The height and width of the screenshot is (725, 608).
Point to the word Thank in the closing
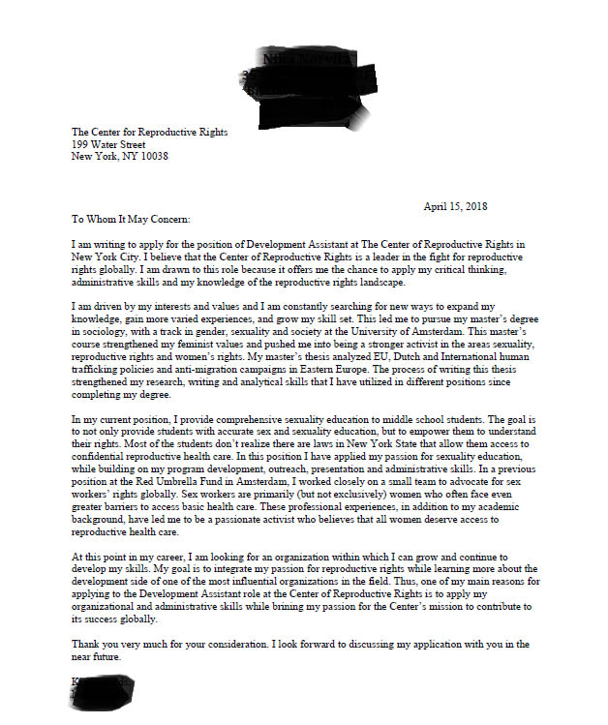(x=88, y=645)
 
